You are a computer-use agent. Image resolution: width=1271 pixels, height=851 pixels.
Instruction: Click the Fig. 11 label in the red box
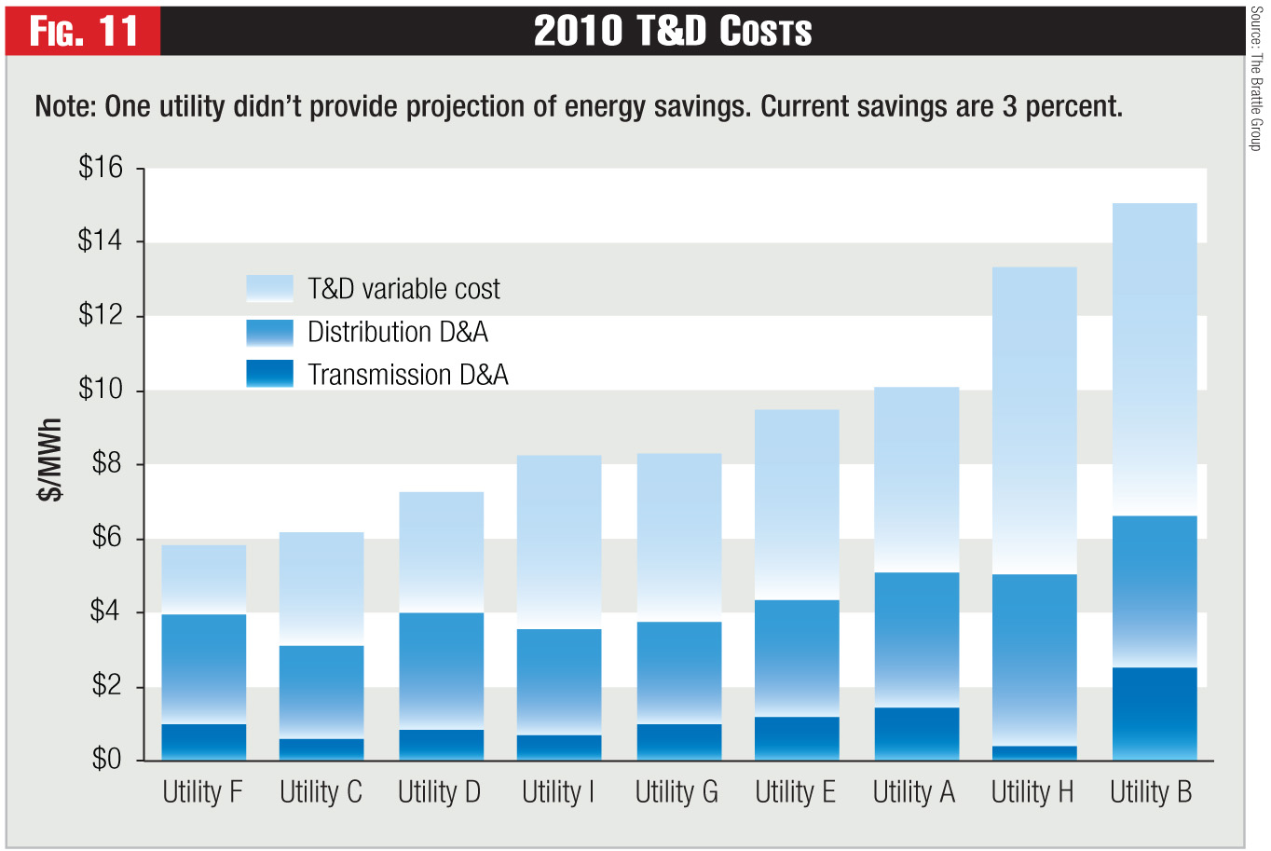(83, 31)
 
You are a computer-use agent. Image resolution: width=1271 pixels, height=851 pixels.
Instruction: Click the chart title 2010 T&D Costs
(673, 31)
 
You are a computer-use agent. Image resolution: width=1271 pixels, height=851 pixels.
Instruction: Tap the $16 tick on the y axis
(102, 168)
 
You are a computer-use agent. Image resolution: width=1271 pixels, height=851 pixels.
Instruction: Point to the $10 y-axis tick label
(102, 390)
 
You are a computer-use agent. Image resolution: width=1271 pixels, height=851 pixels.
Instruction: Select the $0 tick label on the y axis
(107, 760)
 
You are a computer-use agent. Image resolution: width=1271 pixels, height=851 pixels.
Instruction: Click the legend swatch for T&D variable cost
(269, 288)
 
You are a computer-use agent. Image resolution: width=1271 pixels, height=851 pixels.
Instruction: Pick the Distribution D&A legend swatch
(269, 332)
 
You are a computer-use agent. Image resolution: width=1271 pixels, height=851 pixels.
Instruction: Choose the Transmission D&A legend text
(408, 375)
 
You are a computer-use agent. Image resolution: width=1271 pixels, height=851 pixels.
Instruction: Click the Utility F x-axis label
(202, 792)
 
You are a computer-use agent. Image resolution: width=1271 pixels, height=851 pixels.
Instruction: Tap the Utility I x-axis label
(557, 792)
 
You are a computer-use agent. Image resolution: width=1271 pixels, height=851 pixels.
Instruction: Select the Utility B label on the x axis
(1151, 792)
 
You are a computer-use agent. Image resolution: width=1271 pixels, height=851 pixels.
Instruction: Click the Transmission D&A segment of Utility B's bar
(1155, 714)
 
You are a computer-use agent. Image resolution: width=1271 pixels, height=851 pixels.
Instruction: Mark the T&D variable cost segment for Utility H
(1034, 420)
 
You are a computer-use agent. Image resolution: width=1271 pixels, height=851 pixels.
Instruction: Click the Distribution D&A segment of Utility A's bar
(916, 640)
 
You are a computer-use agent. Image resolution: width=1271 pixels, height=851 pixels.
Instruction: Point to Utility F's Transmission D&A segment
(204, 742)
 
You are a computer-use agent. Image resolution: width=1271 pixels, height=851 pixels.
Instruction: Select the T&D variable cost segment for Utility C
(321, 589)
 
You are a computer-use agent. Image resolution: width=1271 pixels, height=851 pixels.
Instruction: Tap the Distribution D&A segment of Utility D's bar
(441, 671)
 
